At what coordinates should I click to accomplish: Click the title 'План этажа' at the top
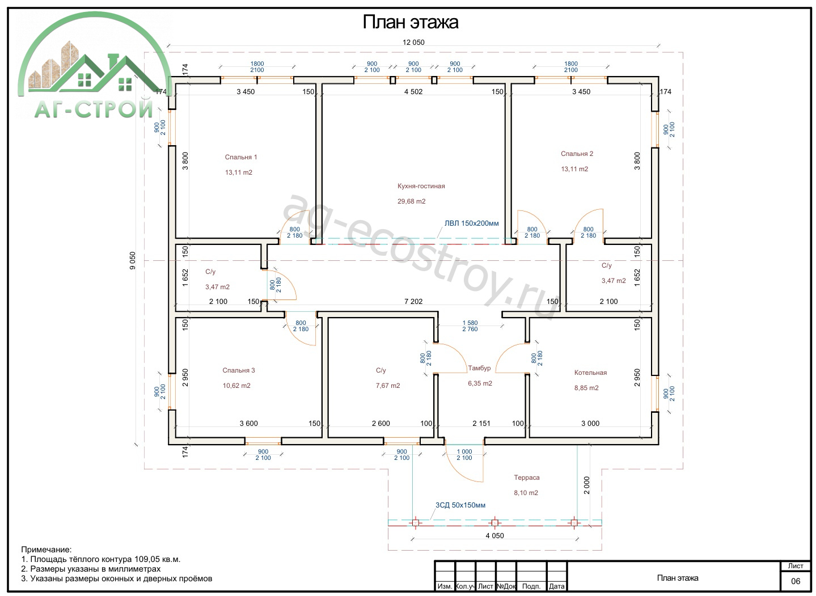pos(410,22)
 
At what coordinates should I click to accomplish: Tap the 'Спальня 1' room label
pos(241,157)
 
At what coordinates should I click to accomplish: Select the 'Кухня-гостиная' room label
pos(421,186)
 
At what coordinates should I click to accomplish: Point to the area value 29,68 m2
pos(411,201)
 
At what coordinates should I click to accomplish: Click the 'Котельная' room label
pos(590,373)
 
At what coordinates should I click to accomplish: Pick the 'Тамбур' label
pos(479,368)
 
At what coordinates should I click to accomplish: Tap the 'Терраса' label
pos(527,477)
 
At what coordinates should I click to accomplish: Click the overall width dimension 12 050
pos(413,43)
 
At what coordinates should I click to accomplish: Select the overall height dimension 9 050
pos(132,260)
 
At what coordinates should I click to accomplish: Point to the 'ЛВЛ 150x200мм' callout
pos(471,223)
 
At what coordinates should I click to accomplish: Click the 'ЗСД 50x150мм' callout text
pos(460,505)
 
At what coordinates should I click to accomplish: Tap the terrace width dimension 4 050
pos(494,535)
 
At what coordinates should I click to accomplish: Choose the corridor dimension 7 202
pos(413,301)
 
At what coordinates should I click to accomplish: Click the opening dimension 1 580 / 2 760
pos(470,326)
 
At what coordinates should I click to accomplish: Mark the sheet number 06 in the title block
pos(796,581)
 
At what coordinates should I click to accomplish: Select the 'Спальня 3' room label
pos(239,370)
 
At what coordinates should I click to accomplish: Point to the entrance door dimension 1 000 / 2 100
pos(464,455)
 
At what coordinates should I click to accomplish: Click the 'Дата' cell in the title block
pos(557,586)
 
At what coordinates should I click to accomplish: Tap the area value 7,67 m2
pos(388,386)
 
